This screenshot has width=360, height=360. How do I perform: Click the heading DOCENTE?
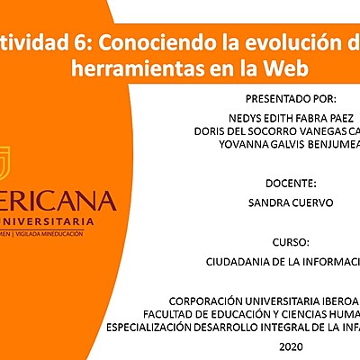click(x=290, y=183)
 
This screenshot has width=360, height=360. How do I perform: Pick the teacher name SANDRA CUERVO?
click(x=290, y=202)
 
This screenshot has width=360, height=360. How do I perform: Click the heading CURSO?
click(x=290, y=243)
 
